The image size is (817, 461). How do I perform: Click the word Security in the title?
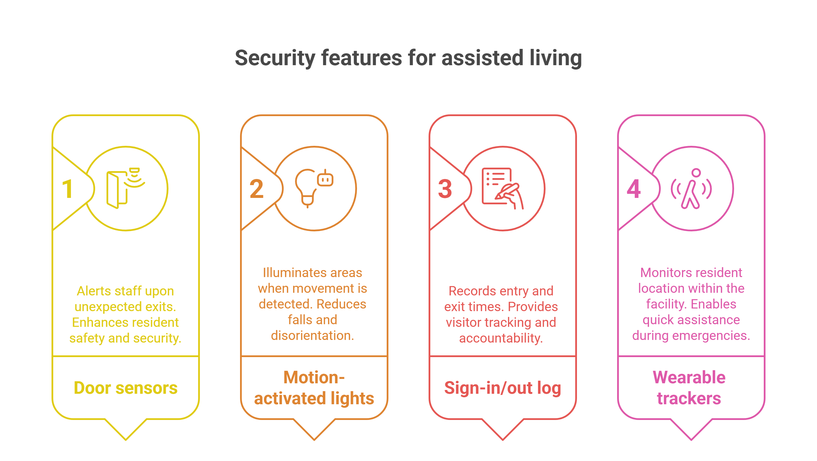click(x=275, y=58)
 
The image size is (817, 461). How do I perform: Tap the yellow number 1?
click(x=67, y=189)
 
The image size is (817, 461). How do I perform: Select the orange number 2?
click(x=256, y=189)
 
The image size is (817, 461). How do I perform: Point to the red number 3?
click(x=445, y=189)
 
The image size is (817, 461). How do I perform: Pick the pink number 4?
click(x=633, y=189)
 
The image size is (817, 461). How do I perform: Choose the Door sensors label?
click(x=126, y=388)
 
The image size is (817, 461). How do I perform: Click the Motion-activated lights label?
click(x=314, y=388)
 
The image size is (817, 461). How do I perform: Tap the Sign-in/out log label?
click(x=502, y=388)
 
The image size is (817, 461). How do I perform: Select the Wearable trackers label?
click(x=689, y=388)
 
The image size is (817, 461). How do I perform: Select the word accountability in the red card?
click(x=501, y=338)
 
